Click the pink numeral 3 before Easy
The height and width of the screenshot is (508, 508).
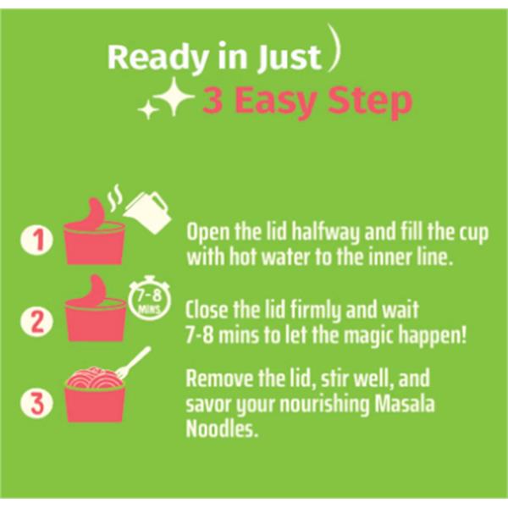point(213,101)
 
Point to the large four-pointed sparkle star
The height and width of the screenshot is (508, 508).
point(174,97)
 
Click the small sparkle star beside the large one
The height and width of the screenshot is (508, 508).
point(147,109)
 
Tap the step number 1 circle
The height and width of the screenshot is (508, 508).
point(37,240)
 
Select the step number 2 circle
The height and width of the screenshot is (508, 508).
point(37,321)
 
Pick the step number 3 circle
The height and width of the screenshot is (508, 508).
point(36,403)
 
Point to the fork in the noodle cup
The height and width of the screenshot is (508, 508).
point(134,362)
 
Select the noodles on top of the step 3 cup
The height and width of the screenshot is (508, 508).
point(94,377)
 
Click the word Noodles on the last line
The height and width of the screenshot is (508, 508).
point(222,429)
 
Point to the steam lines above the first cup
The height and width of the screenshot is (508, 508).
point(115,197)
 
